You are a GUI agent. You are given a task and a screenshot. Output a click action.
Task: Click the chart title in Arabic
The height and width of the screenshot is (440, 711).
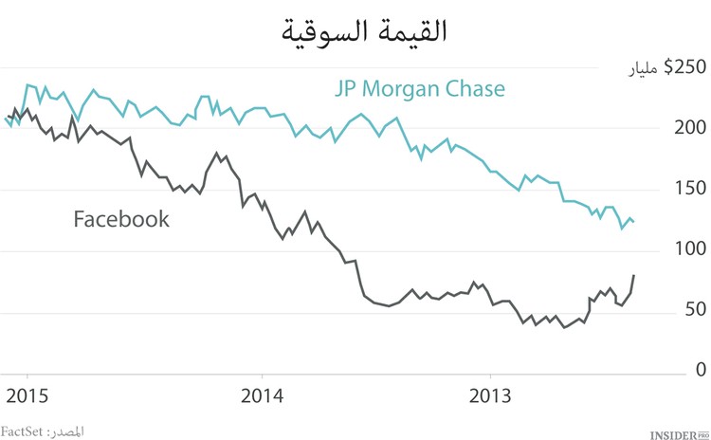point(364,30)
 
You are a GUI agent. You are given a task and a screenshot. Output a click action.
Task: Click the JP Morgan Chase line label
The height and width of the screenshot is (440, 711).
point(418,89)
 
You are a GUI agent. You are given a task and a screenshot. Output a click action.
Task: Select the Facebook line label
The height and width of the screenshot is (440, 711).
point(121,219)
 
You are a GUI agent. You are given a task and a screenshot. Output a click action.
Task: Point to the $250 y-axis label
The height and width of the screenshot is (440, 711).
point(684,67)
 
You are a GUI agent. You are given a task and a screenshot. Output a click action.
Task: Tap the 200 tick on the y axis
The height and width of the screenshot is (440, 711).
point(692,128)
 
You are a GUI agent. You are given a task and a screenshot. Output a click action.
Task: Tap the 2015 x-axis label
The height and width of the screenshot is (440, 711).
point(25,394)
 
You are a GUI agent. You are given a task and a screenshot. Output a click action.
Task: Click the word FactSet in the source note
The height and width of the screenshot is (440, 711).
point(22,431)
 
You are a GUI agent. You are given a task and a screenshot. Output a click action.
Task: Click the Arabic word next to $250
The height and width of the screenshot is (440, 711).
point(644,69)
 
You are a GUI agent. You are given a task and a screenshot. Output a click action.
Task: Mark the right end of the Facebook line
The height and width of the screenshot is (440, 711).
point(634,275)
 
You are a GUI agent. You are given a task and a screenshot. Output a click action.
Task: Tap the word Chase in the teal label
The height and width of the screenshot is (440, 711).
point(477,89)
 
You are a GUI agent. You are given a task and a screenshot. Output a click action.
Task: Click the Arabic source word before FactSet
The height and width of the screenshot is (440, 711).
point(65,431)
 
